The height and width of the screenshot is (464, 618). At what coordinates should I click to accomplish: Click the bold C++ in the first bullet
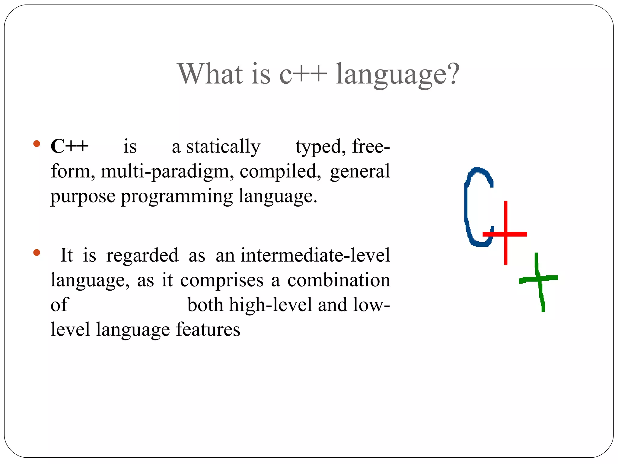69,146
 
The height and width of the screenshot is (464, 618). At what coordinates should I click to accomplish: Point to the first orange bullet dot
37,143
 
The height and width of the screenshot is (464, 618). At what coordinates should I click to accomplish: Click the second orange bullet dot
37,252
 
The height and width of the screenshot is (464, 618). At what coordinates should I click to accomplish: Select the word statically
223,147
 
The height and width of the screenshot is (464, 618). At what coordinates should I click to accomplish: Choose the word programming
177,197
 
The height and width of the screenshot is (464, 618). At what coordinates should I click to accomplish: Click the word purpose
83,197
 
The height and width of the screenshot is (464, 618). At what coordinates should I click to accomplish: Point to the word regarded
142,256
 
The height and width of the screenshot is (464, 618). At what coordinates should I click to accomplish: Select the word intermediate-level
315,255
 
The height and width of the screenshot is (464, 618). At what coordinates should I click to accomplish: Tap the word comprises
222,281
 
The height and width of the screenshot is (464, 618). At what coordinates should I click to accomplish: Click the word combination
339,280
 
